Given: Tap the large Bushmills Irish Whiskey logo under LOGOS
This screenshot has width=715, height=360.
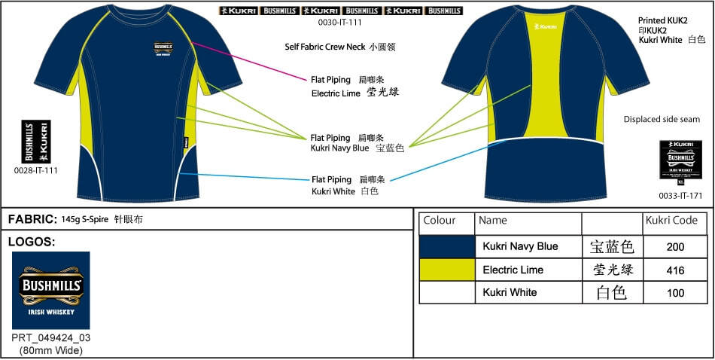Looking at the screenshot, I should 51,290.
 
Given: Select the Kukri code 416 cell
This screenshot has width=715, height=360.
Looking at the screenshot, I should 675,270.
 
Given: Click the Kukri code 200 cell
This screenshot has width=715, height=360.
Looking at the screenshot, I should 675,246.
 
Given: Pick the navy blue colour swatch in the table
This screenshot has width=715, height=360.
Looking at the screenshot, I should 447,246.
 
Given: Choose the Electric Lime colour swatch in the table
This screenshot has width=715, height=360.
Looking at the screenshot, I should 447,270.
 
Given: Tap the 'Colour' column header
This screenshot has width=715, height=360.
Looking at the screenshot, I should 440,221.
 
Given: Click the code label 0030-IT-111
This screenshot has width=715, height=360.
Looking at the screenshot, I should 339,23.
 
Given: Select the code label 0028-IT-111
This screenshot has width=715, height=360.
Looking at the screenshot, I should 36,170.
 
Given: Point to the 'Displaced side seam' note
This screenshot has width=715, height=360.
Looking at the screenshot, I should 662,119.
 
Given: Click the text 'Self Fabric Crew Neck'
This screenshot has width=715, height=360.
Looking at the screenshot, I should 324,47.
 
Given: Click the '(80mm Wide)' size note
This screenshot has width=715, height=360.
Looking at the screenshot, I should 51,350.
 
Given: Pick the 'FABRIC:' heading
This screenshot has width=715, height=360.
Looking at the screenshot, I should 32,219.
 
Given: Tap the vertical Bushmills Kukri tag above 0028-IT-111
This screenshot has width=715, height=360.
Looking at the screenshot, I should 36,142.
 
